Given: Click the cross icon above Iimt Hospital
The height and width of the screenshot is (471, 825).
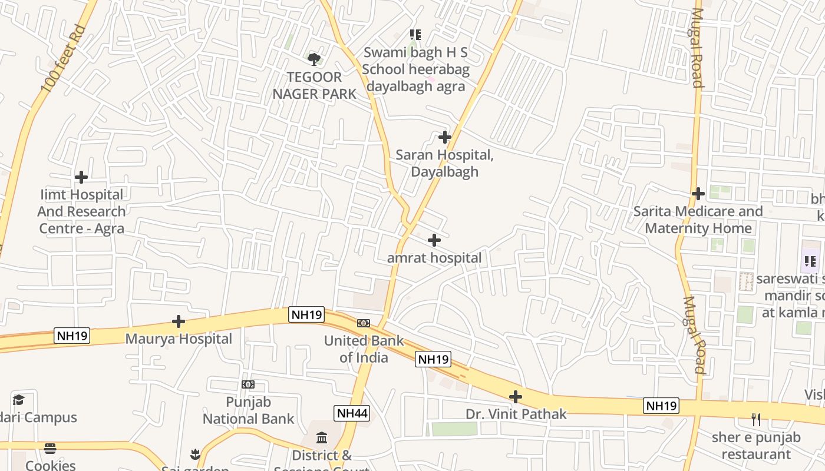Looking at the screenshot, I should tap(81, 177).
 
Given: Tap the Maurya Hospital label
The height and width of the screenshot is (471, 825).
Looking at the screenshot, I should tap(179, 339).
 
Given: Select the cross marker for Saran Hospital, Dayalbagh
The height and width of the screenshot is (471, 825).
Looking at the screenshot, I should tap(445, 137).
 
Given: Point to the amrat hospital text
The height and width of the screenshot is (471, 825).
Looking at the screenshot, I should tap(434, 258).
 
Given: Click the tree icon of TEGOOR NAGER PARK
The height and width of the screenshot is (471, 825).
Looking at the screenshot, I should tap(314, 58).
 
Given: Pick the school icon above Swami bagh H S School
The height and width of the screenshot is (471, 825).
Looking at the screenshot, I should tap(415, 35).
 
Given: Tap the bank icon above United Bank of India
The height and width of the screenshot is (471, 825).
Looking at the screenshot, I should tap(364, 323).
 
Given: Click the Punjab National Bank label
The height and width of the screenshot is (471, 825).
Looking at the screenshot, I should tap(248, 410).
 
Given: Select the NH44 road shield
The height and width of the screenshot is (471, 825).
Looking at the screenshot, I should tap(352, 413).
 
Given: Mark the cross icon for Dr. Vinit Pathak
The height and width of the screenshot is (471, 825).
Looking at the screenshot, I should tap(516, 397).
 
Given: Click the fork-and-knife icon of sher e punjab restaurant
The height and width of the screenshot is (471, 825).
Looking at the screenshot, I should tap(756, 420).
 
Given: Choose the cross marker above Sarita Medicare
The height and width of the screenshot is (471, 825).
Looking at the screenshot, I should tap(698, 193).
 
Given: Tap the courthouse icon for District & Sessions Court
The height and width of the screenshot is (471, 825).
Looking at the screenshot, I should tap(322, 437).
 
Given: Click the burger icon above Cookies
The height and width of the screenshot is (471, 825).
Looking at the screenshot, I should tap(50, 449).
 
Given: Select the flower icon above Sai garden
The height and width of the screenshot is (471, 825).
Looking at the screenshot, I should tap(195, 454).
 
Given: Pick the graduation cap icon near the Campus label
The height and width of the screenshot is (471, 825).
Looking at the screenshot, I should tap(18, 400).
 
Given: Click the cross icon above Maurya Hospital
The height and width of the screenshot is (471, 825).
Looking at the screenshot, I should tap(179, 321).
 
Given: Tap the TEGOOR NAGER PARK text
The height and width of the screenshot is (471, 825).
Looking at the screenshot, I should tap(315, 85).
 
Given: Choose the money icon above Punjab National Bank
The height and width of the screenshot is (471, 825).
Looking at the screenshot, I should tap(248, 384).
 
